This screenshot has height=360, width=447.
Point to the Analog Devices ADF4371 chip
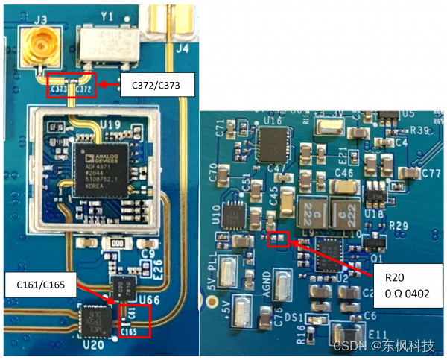(x=106, y=168)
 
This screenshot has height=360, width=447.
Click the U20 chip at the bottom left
(x=96, y=324)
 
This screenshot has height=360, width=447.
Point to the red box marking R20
(x=278, y=239)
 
